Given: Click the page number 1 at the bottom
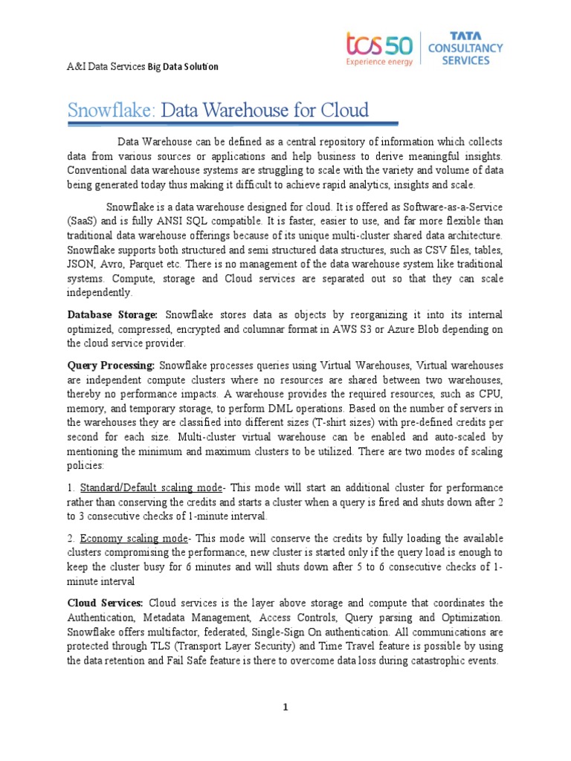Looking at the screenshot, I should point(285,707).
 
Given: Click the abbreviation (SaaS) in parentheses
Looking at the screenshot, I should point(82,221).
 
